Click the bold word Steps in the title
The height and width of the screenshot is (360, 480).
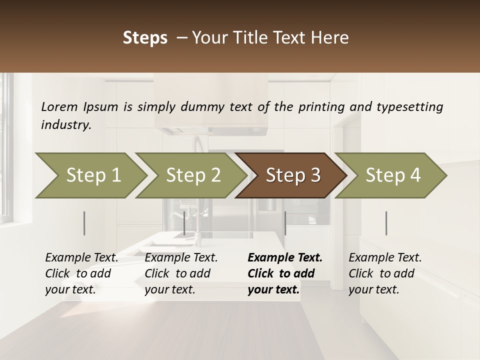tap(145, 38)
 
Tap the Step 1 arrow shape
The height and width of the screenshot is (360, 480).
tap(90, 175)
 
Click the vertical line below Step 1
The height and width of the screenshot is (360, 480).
tap(84, 223)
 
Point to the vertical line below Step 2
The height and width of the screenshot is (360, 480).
tap(184, 223)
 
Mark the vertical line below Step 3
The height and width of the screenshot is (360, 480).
tap(285, 223)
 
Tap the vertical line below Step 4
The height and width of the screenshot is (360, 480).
tap(386, 223)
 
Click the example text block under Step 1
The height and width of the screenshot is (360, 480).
tap(81, 273)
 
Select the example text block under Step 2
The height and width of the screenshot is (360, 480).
tap(181, 273)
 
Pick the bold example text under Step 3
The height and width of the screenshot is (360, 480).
tap(284, 273)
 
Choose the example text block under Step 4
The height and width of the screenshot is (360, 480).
tap(385, 273)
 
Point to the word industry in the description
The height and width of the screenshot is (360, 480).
tap(66, 125)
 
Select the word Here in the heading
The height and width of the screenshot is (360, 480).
tap(330, 38)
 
